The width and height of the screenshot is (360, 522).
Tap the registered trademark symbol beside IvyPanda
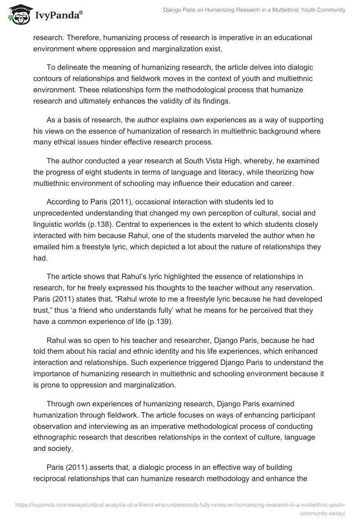click(81, 13)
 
